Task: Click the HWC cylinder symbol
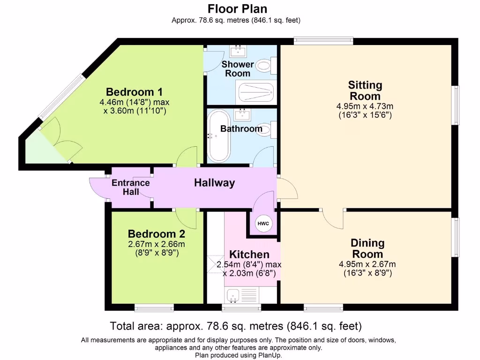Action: (x=263, y=224)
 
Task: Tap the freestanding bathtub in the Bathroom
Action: (x=219, y=135)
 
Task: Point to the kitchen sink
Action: (x=233, y=295)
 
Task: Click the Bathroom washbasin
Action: (x=243, y=113)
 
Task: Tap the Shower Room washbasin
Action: (x=239, y=50)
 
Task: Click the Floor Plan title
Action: (x=238, y=8)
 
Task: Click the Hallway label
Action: (x=214, y=183)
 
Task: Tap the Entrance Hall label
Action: (x=131, y=187)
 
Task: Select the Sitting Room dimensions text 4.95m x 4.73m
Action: (x=365, y=106)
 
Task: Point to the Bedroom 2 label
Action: (x=157, y=233)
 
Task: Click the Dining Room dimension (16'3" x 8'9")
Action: (x=367, y=272)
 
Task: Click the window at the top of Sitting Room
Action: (x=323, y=41)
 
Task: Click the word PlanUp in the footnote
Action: (x=272, y=355)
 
